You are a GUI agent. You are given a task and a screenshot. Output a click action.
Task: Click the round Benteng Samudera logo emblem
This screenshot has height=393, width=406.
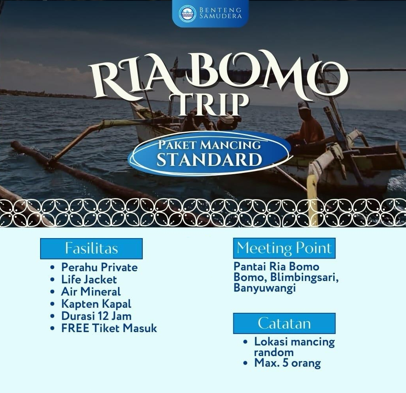pyautogui.click(x=187, y=13)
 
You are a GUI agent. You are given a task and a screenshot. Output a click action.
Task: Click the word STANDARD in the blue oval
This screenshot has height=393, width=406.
pyautogui.click(x=209, y=160)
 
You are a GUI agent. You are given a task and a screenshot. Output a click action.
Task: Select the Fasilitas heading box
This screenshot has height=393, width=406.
pyautogui.click(x=91, y=248)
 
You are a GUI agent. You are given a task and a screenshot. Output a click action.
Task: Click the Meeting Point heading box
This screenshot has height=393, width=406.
pyautogui.click(x=284, y=248)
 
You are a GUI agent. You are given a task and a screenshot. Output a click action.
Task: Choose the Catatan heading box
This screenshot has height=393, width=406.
pyautogui.click(x=284, y=323)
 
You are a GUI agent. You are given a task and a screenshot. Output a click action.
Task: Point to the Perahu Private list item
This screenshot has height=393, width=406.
pyautogui.click(x=100, y=267)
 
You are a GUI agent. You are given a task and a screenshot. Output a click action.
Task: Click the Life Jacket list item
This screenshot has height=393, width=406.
pyautogui.click(x=89, y=279)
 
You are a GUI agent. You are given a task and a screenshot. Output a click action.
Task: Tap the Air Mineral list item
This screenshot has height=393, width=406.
pyautogui.click(x=91, y=292)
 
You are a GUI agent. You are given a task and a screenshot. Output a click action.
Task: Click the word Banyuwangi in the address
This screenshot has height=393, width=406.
pyautogui.click(x=265, y=288)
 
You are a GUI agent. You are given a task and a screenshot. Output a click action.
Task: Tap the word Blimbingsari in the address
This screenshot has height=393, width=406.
pyautogui.click(x=304, y=277)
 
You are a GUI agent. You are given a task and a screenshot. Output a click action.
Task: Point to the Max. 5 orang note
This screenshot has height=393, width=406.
pyautogui.click(x=288, y=363)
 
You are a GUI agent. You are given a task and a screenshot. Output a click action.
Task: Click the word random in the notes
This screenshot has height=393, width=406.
pyautogui.click(x=274, y=353)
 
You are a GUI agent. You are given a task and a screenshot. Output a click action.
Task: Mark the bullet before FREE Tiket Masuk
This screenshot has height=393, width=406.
pyautogui.click(x=53, y=328)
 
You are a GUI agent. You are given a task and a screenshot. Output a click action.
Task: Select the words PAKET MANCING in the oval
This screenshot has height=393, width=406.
pyautogui.click(x=209, y=145)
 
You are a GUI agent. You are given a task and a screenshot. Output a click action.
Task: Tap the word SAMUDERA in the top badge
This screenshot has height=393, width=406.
pyautogui.click(x=221, y=16)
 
